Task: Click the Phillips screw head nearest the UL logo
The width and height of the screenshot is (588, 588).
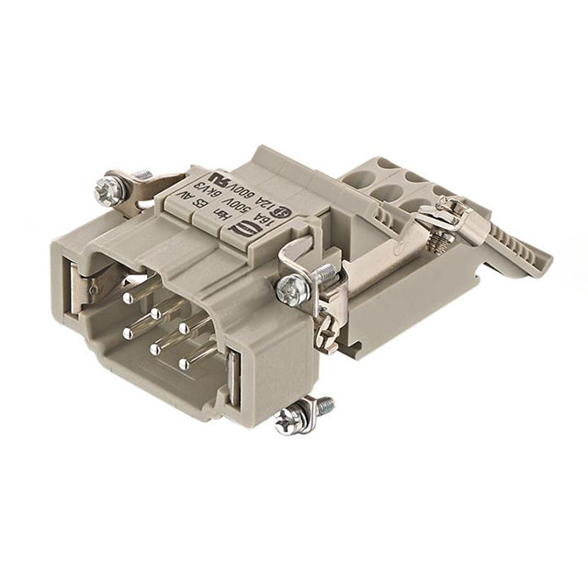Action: pyautogui.click(x=103, y=189)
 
